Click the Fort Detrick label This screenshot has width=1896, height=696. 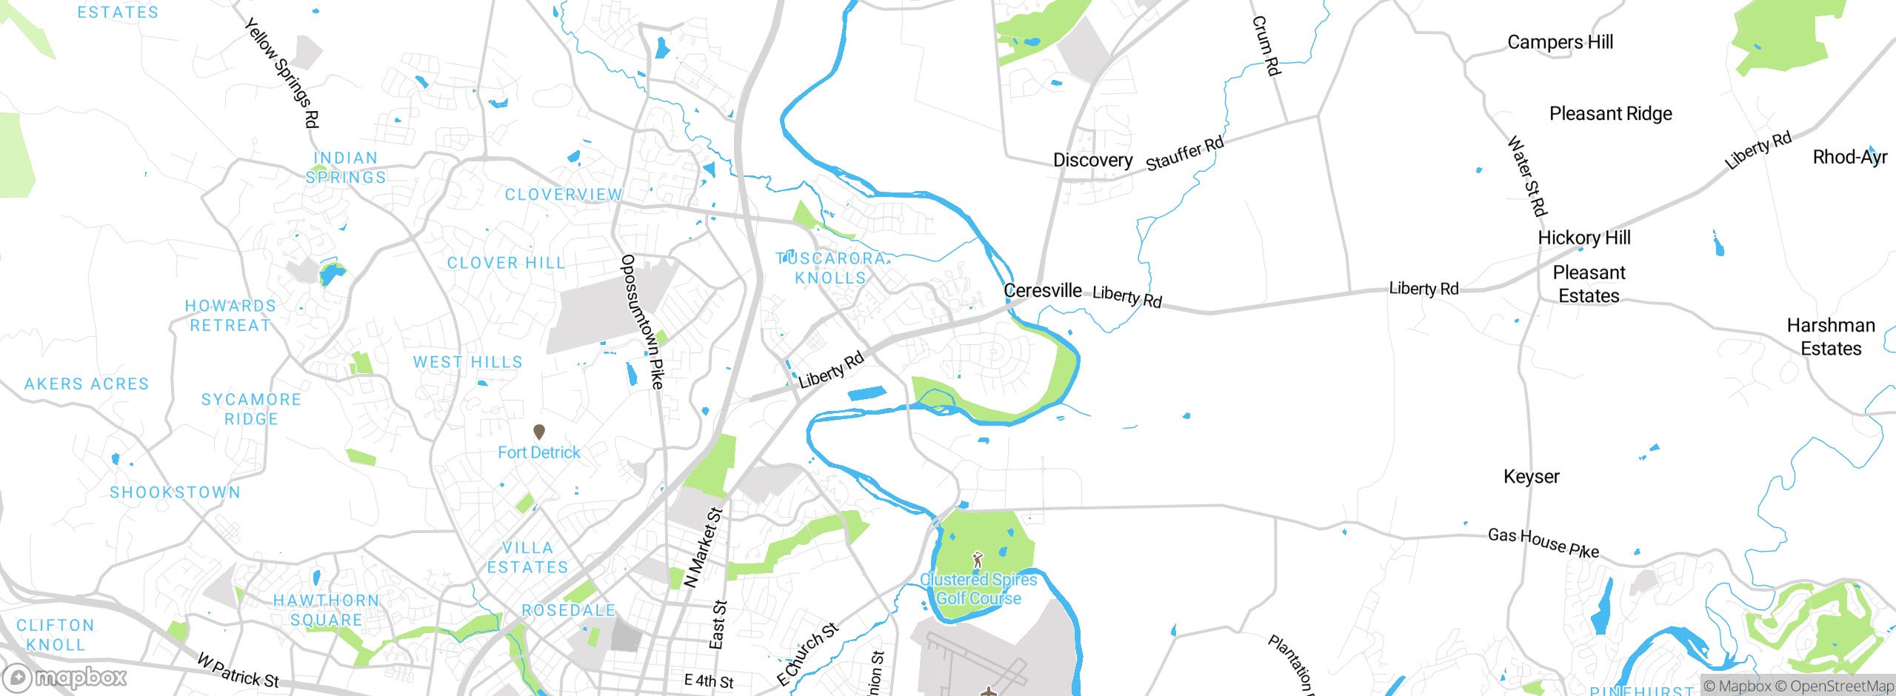point(538,452)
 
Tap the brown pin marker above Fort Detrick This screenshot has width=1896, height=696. point(539,431)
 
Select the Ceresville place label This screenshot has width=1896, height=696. point(1042,290)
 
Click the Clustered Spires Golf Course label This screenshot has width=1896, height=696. point(978,589)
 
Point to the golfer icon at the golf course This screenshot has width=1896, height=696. point(978,559)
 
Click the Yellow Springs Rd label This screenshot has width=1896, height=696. point(282,73)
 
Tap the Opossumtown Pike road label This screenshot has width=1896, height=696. point(642,322)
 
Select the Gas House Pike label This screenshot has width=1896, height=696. point(1543,543)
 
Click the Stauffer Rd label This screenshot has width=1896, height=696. point(1185,153)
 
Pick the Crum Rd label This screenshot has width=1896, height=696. point(1266,46)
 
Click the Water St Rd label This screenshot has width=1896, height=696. point(1527,175)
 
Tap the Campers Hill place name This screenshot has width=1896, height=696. point(1560,42)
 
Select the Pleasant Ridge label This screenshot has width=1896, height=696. point(1610,113)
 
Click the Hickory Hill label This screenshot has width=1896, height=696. point(1584,238)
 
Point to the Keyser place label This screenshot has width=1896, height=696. point(1531,477)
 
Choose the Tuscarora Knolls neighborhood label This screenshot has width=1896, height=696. point(830,268)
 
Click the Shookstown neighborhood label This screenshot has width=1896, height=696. point(176,492)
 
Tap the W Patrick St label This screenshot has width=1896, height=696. point(238,669)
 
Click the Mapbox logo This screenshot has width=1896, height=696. point(65,677)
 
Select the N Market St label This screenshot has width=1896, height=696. point(703,547)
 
